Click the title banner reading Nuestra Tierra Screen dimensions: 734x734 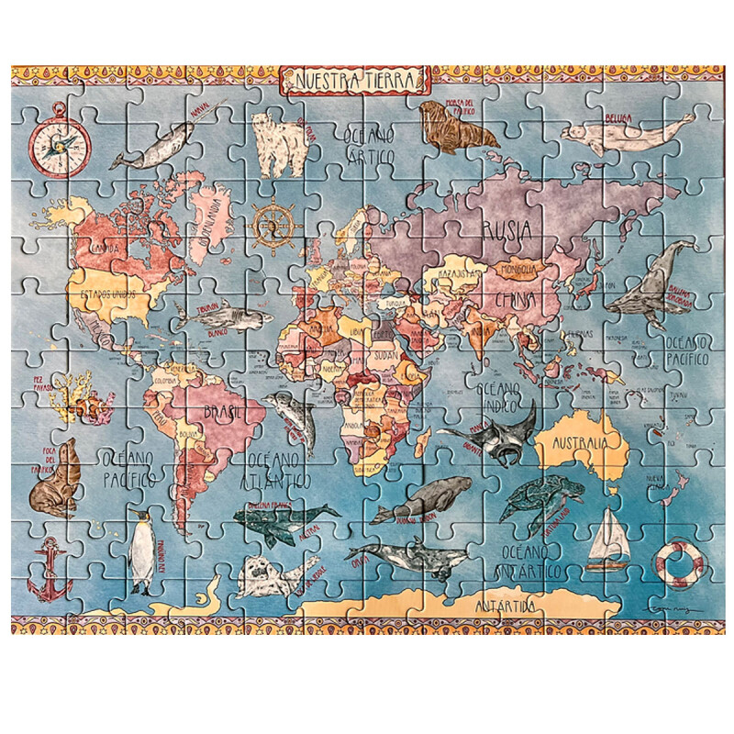point(354,81)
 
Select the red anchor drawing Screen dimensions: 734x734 point(48,568)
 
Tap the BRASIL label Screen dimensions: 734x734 point(224,412)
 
